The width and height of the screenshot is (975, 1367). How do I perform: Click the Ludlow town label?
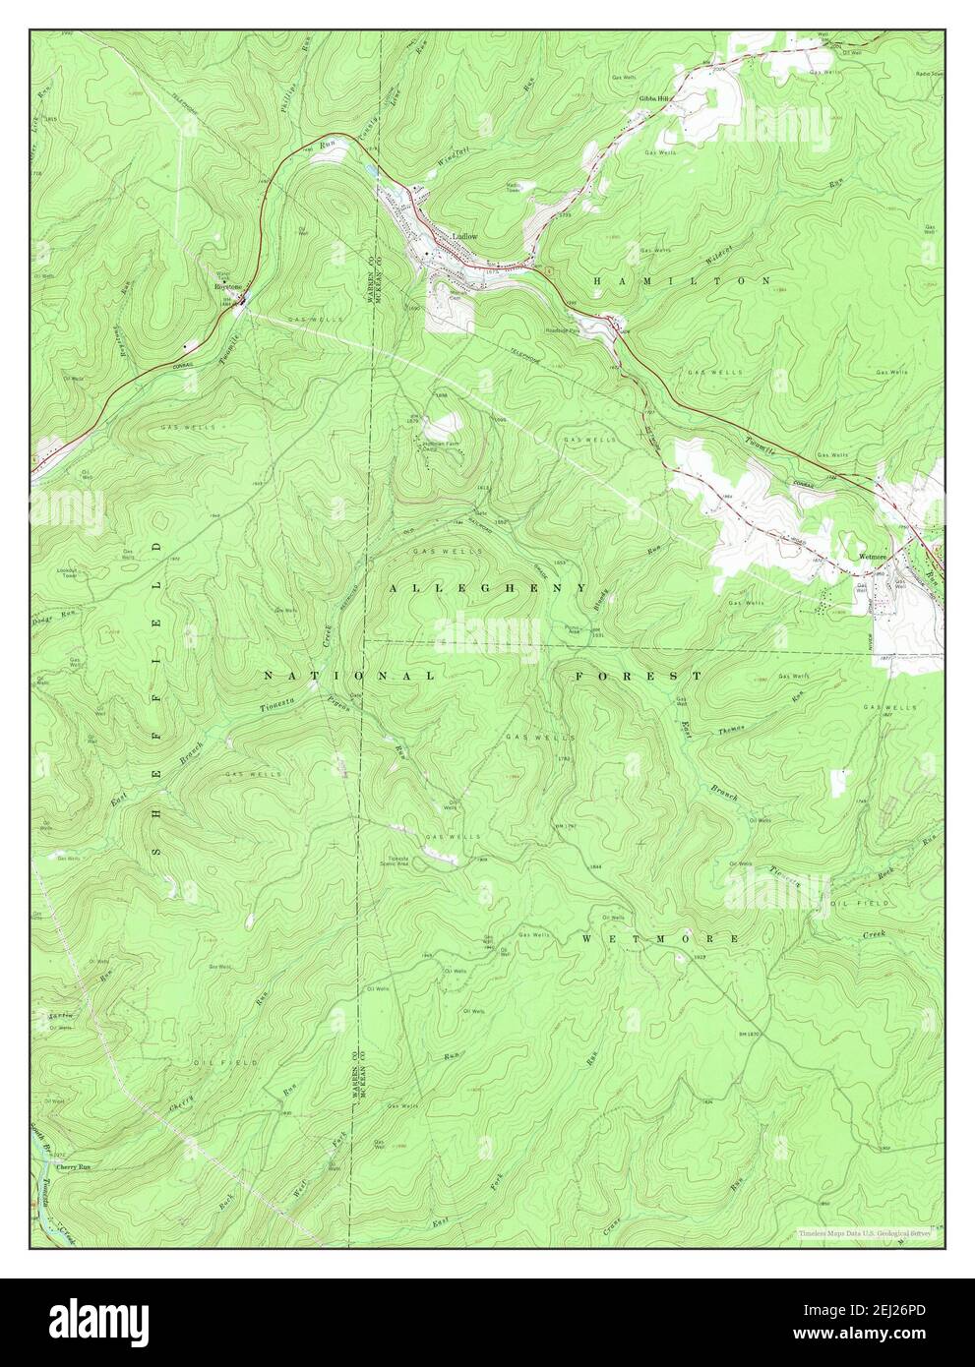463,236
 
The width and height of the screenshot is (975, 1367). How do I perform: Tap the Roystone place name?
228,286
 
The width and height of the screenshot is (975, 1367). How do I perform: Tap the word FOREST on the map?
639,677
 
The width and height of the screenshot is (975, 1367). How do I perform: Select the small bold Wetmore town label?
874,557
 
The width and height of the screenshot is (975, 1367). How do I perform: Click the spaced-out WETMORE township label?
659,939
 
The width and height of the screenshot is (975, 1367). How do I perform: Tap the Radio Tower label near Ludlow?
513,187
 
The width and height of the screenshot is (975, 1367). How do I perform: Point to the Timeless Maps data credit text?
865,1232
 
